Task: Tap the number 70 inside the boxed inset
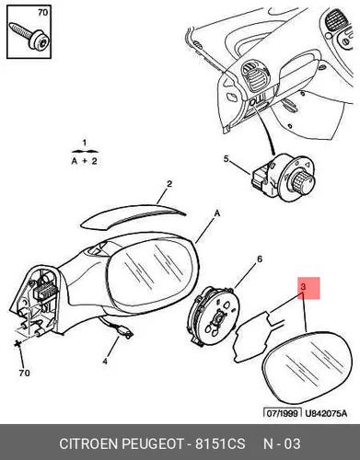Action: pos(43,13)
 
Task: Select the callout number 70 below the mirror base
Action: pos(24,373)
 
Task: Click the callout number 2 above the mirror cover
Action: pos(169,184)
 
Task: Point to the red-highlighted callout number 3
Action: pos(303,287)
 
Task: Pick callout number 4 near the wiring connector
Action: pos(105,362)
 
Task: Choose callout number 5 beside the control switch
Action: pos(226,159)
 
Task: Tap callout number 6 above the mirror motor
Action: pos(260,259)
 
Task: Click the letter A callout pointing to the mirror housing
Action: pos(217,213)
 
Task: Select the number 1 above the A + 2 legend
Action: pos(85,143)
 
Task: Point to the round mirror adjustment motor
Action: pos(215,316)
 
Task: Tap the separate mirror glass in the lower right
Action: pos(308,368)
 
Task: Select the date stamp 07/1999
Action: pos(283,413)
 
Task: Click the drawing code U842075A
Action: pos(326,413)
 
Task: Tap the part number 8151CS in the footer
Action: pos(220,443)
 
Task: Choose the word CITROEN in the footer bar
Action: pos(88,443)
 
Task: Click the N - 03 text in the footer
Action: pos(282,443)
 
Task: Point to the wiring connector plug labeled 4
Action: pos(127,333)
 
